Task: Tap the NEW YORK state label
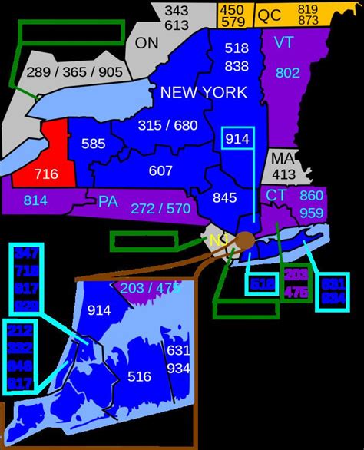tap(204, 93)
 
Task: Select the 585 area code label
tap(93, 144)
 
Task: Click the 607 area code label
tap(160, 170)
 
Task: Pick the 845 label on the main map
tap(224, 197)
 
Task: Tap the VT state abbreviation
tap(284, 42)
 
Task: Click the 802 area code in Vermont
tap(287, 73)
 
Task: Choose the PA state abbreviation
tap(108, 201)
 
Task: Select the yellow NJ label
tap(217, 241)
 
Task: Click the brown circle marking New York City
tap(246, 240)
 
